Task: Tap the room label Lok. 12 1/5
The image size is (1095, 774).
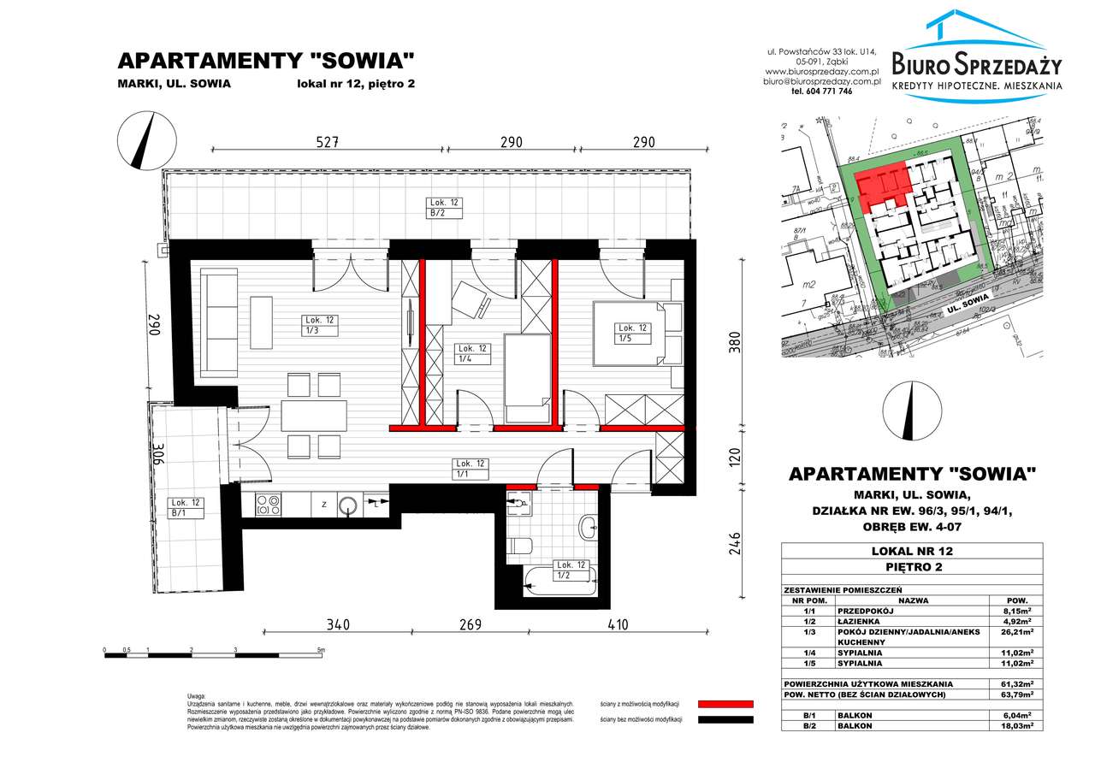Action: tap(633, 333)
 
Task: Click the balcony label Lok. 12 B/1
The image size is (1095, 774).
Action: tap(185, 508)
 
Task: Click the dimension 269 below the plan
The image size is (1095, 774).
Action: tap(468, 625)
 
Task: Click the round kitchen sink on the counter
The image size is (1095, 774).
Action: tap(348, 505)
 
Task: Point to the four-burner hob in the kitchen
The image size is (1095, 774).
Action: tap(268, 505)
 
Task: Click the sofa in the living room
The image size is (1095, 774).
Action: tap(219, 322)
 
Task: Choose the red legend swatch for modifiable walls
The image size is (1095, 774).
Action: tap(725, 703)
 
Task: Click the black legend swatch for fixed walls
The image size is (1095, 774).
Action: tap(725, 720)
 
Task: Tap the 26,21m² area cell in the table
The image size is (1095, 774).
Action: tap(1015, 634)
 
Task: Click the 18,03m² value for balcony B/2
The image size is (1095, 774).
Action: tap(1015, 725)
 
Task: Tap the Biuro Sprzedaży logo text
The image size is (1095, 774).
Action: tap(976, 64)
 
